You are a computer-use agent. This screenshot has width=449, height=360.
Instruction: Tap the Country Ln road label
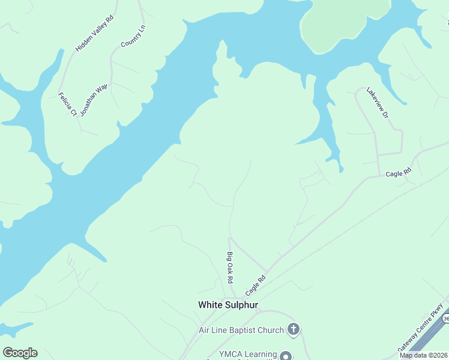pyautogui.click(x=133, y=37)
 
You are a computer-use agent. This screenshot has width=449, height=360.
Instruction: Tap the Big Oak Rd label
pyautogui.click(x=229, y=268)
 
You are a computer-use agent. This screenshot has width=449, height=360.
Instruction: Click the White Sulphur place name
pyautogui.click(x=228, y=305)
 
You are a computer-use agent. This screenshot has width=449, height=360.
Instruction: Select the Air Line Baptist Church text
pyautogui.click(x=241, y=330)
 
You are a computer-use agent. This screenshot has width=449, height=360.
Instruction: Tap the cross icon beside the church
pyautogui.click(x=293, y=329)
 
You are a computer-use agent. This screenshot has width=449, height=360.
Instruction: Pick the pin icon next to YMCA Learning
pyautogui.click(x=286, y=355)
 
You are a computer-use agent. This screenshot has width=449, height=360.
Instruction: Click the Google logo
pyautogui.click(x=20, y=352)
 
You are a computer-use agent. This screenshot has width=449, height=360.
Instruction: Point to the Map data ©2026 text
pyautogui.click(x=424, y=355)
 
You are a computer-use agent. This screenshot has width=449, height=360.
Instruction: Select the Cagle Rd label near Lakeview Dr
pyautogui.click(x=399, y=173)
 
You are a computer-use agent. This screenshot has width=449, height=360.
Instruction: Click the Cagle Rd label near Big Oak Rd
pyautogui.click(x=255, y=286)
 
